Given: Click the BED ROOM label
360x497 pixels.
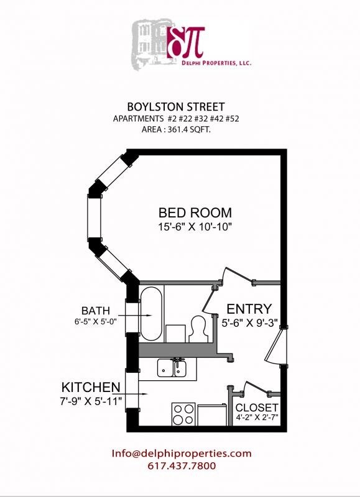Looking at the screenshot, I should point(195,212).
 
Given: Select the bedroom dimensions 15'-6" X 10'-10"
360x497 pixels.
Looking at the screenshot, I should point(195,227).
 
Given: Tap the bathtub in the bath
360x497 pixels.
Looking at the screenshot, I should point(151,313).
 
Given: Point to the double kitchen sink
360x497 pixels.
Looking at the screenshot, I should point(173,368).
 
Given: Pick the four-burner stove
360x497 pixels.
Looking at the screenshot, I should point(183,413).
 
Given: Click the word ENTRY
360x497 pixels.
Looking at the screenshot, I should point(249,309).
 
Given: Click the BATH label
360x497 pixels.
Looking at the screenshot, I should point(96,310).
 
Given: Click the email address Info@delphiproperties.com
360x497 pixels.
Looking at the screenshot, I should point(182,454).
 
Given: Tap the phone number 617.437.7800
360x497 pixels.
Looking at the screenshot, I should point(182,466).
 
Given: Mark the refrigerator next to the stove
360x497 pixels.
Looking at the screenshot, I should point(212,414).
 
